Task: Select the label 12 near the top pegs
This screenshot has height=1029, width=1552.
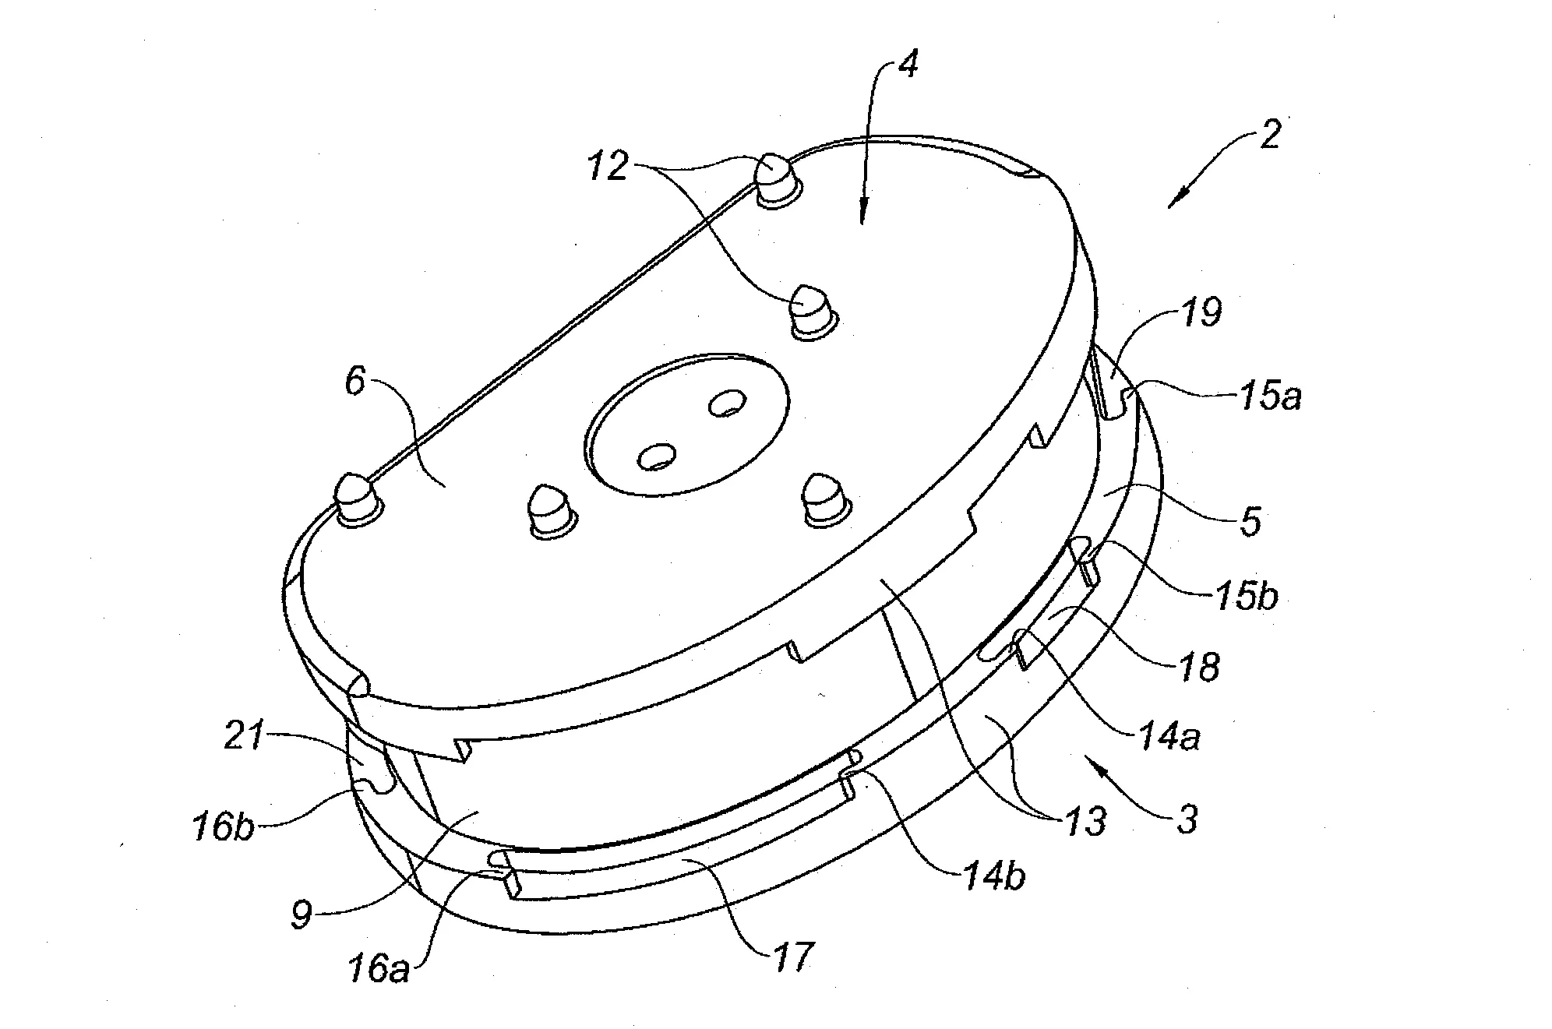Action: pos(608,166)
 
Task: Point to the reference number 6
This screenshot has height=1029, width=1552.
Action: pos(355,383)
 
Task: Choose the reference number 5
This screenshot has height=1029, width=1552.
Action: pos(1249,521)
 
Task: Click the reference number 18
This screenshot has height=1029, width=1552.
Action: pos(1199,667)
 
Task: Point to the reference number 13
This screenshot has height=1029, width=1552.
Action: pos(1085,820)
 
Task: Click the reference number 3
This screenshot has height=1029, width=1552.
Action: pos(1187,820)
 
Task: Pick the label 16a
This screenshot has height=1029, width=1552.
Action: pos(378,970)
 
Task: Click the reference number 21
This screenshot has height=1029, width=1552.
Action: pos(245,735)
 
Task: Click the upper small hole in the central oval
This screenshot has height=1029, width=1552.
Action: pos(727,403)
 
